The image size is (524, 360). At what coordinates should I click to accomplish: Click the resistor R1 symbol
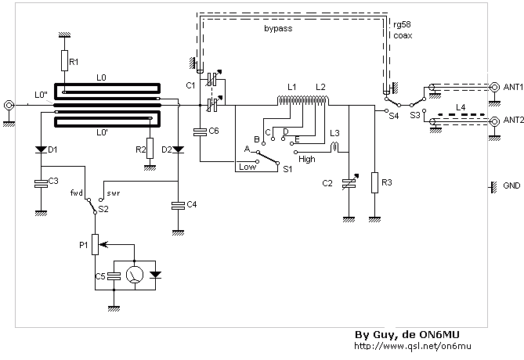64,60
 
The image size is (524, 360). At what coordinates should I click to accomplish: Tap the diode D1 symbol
41,149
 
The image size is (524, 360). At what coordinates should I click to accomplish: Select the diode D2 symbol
178,149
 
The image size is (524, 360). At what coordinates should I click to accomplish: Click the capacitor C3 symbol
41,183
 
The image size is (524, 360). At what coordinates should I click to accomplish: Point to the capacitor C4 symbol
178,206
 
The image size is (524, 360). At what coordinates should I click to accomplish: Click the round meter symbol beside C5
135,275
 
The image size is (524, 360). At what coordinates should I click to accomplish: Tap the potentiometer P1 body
96,244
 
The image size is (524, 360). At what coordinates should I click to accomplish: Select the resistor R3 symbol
374,182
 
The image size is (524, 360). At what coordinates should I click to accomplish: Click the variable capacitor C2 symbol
349,182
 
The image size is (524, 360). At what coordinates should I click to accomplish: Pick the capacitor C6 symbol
201,132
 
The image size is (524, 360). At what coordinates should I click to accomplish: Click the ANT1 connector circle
494,87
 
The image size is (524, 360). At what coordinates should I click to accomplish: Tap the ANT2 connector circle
494,121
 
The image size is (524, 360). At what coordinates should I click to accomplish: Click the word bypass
278,29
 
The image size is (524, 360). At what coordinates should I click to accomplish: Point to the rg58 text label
402,25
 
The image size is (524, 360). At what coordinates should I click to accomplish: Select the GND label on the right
511,185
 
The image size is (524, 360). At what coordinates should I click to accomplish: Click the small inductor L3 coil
335,147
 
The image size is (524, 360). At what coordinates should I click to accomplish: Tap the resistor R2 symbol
150,148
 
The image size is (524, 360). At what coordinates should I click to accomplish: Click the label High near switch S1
307,160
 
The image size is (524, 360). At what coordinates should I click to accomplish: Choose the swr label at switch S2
114,193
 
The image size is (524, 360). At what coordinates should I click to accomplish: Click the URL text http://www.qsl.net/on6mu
413,346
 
